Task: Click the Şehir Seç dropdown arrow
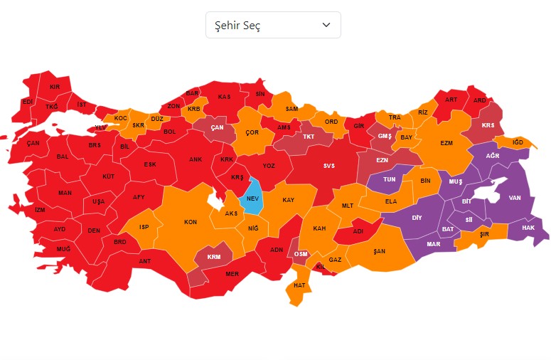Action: tap(326, 25)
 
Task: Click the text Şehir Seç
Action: tap(237, 26)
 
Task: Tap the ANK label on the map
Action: tap(196, 159)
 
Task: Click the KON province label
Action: tap(191, 222)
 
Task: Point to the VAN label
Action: tap(515, 198)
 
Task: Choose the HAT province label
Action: tap(299, 285)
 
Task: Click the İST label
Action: tap(82, 105)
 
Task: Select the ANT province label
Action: tap(145, 261)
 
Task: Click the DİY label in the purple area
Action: tap(417, 218)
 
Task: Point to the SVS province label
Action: tap(328, 166)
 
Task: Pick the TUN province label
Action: tap(390, 180)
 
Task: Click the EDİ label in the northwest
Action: tap(28, 102)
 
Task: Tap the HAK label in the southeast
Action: tap(528, 228)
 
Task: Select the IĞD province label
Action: tap(518, 142)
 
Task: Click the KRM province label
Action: tap(213, 257)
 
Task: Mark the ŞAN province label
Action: tap(380, 251)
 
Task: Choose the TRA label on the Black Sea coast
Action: tap(395, 117)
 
